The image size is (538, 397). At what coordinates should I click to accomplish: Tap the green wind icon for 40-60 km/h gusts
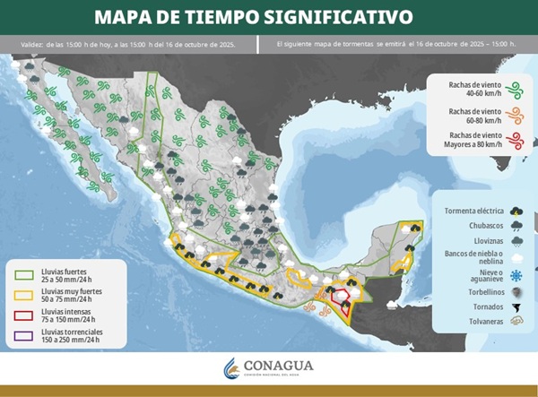point(515,88)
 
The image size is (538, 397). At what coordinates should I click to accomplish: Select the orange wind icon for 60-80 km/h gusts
point(515,114)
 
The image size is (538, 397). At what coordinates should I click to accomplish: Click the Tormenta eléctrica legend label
point(473,211)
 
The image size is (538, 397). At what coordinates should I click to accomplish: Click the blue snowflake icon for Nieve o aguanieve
point(516,276)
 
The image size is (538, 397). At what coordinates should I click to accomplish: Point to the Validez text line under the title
point(126,44)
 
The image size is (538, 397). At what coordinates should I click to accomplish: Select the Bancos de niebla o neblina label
point(474,258)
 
